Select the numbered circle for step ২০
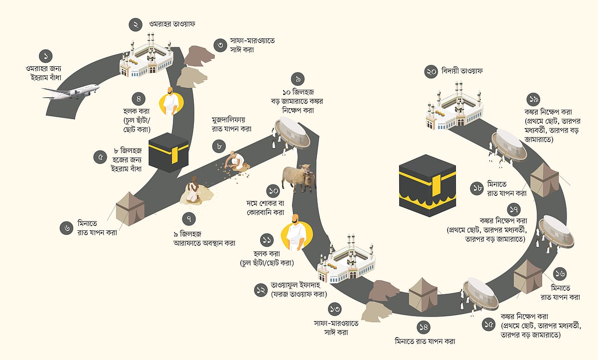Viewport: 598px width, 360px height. click(431, 71)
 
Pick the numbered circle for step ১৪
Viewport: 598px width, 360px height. click(424, 328)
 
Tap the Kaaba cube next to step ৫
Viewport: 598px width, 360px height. click(169, 150)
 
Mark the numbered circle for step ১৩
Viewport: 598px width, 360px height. click(335, 309)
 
